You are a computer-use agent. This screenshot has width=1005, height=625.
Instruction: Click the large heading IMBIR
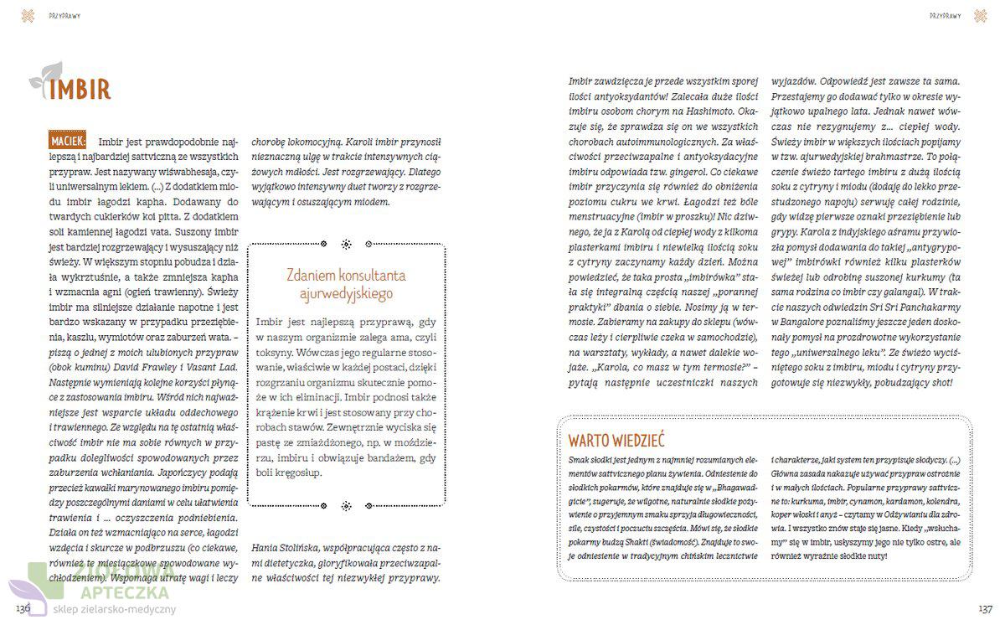pyautogui.click(x=80, y=90)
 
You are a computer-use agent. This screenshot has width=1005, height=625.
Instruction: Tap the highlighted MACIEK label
pyautogui.click(x=70, y=141)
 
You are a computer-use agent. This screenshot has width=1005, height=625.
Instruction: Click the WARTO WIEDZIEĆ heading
pyautogui.click(x=616, y=440)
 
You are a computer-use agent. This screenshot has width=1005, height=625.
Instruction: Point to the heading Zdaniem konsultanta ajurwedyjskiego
pyautogui.click(x=346, y=285)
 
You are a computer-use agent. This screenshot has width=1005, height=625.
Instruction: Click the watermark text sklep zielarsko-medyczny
pyautogui.click(x=115, y=610)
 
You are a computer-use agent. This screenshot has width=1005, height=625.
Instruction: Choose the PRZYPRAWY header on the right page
pyautogui.click(x=945, y=16)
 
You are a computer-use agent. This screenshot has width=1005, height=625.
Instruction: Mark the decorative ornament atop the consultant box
pyautogui.click(x=346, y=245)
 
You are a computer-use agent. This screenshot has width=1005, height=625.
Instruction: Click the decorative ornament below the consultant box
pyautogui.click(x=346, y=505)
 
